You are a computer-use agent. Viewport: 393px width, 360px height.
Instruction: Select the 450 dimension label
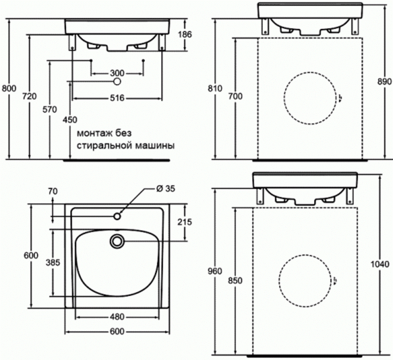pos(69,120)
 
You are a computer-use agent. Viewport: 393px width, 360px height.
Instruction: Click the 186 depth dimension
pos(185,35)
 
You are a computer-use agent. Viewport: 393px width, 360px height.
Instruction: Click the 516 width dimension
pos(117,99)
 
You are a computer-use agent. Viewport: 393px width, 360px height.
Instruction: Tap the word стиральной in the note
pos(102,145)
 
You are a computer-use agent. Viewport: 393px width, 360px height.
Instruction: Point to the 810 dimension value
pos(215,88)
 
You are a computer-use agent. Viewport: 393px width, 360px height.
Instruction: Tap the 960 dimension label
pos(215,271)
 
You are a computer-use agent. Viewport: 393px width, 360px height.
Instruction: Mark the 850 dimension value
pos(235,280)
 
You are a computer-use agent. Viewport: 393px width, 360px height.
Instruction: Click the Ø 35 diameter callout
pos(164,188)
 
